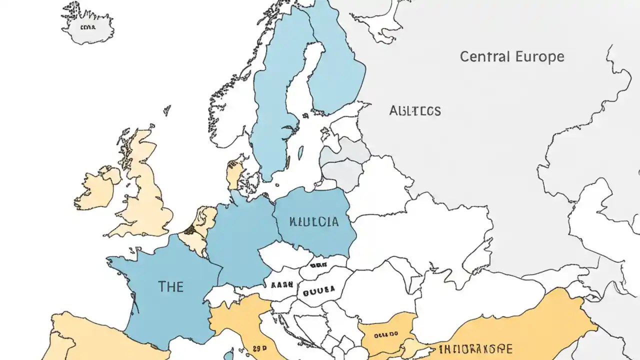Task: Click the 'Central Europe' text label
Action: (x=511, y=56)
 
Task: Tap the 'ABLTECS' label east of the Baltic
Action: (x=415, y=110)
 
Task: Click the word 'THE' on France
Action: (x=170, y=286)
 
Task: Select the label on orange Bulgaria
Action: (x=386, y=333)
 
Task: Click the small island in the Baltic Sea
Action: (x=300, y=152)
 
